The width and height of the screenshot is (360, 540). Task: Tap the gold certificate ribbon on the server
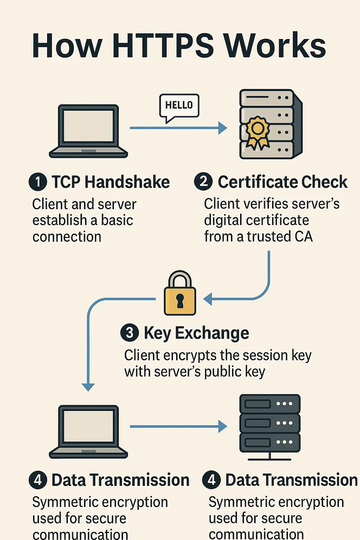point(258,132)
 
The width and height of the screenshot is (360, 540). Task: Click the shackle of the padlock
point(180,279)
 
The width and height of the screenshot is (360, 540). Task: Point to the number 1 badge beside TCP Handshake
point(38,182)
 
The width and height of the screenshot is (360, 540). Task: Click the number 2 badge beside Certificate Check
point(203,182)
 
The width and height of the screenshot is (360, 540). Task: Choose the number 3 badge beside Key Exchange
point(129,333)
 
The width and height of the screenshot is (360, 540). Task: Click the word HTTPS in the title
point(163,46)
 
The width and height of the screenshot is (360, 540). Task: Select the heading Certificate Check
point(283,182)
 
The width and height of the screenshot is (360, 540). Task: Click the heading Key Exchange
point(196,333)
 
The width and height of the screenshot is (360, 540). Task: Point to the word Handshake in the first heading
point(127,182)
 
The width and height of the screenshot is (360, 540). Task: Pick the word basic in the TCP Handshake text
point(117,220)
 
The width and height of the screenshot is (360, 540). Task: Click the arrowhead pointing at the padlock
point(207,299)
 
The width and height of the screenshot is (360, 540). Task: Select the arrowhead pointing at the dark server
point(223,426)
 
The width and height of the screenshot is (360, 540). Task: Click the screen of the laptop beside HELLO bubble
point(88,126)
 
